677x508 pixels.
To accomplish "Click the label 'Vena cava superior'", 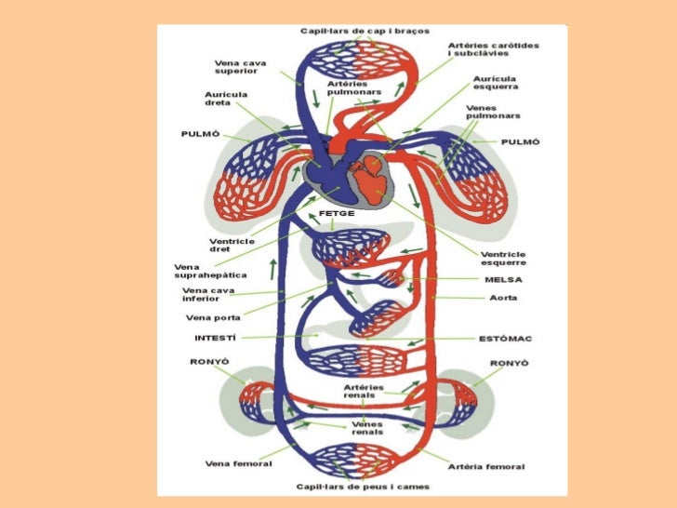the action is pos(241,67).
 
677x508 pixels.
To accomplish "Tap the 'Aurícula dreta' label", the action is pos(226,99).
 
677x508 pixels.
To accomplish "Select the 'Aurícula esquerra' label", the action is pos(496,83).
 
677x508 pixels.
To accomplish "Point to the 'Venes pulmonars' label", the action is pos(493,112).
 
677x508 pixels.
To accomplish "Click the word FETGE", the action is pos(337,213).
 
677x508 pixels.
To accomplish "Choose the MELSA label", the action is pos(503,279).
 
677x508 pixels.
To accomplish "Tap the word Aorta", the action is pos(503,298).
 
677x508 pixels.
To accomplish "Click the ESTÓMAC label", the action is pos(505,339).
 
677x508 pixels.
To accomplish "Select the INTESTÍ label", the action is pos(216,338).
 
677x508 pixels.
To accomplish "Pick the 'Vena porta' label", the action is pos(213,317).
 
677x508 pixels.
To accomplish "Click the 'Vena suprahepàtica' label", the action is pos(210,272).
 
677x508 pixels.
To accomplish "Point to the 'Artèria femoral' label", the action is pos(486,466).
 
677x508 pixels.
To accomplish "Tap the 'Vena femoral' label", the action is pos(238,463).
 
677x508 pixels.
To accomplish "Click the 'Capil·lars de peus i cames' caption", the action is pos(363,487).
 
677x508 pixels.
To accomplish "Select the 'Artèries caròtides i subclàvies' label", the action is pos(493,49).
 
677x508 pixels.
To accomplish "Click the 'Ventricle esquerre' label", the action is pos(503,259).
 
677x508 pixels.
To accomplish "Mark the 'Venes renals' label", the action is pos(367,428).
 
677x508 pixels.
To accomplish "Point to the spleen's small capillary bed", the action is pos(392,278).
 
